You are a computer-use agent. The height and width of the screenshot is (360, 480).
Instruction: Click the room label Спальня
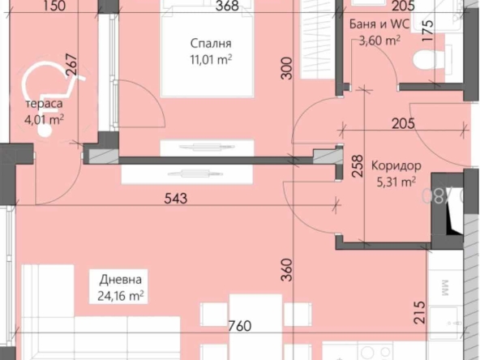pos(212,43)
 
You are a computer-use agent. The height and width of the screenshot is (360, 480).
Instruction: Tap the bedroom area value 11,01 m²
pos(211,58)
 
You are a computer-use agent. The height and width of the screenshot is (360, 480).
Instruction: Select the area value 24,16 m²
pos(119,296)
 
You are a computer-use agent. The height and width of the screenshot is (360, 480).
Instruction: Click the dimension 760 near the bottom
pos(238,328)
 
